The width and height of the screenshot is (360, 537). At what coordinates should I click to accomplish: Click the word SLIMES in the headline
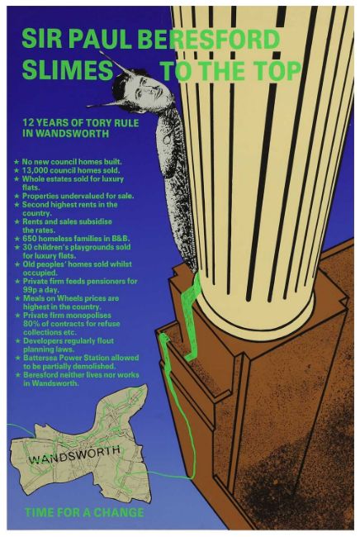pyautogui.click(x=68, y=70)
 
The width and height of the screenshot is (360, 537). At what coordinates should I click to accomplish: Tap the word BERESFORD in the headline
pyautogui.click(x=209, y=39)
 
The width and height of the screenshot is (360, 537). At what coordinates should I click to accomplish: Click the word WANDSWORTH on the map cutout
pyautogui.click(x=74, y=454)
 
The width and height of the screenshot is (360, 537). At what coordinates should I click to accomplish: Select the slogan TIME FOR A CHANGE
pyautogui.click(x=84, y=512)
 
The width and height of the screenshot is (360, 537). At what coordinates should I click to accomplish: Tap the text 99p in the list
pyautogui.click(x=30, y=290)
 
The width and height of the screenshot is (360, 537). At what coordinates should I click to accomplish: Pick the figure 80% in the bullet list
pyautogui.click(x=31, y=324)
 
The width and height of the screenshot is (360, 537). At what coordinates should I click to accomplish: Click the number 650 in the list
pyautogui.click(x=30, y=239)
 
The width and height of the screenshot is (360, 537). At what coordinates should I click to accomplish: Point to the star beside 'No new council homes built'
pyautogui.click(x=17, y=162)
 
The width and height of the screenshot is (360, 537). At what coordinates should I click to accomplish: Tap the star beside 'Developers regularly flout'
pyautogui.click(x=18, y=341)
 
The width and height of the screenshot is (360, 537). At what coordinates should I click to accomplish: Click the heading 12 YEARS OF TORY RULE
pyautogui.click(x=81, y=123)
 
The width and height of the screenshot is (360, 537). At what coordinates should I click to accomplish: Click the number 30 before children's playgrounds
pyautogui.click(x=26, y=247)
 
